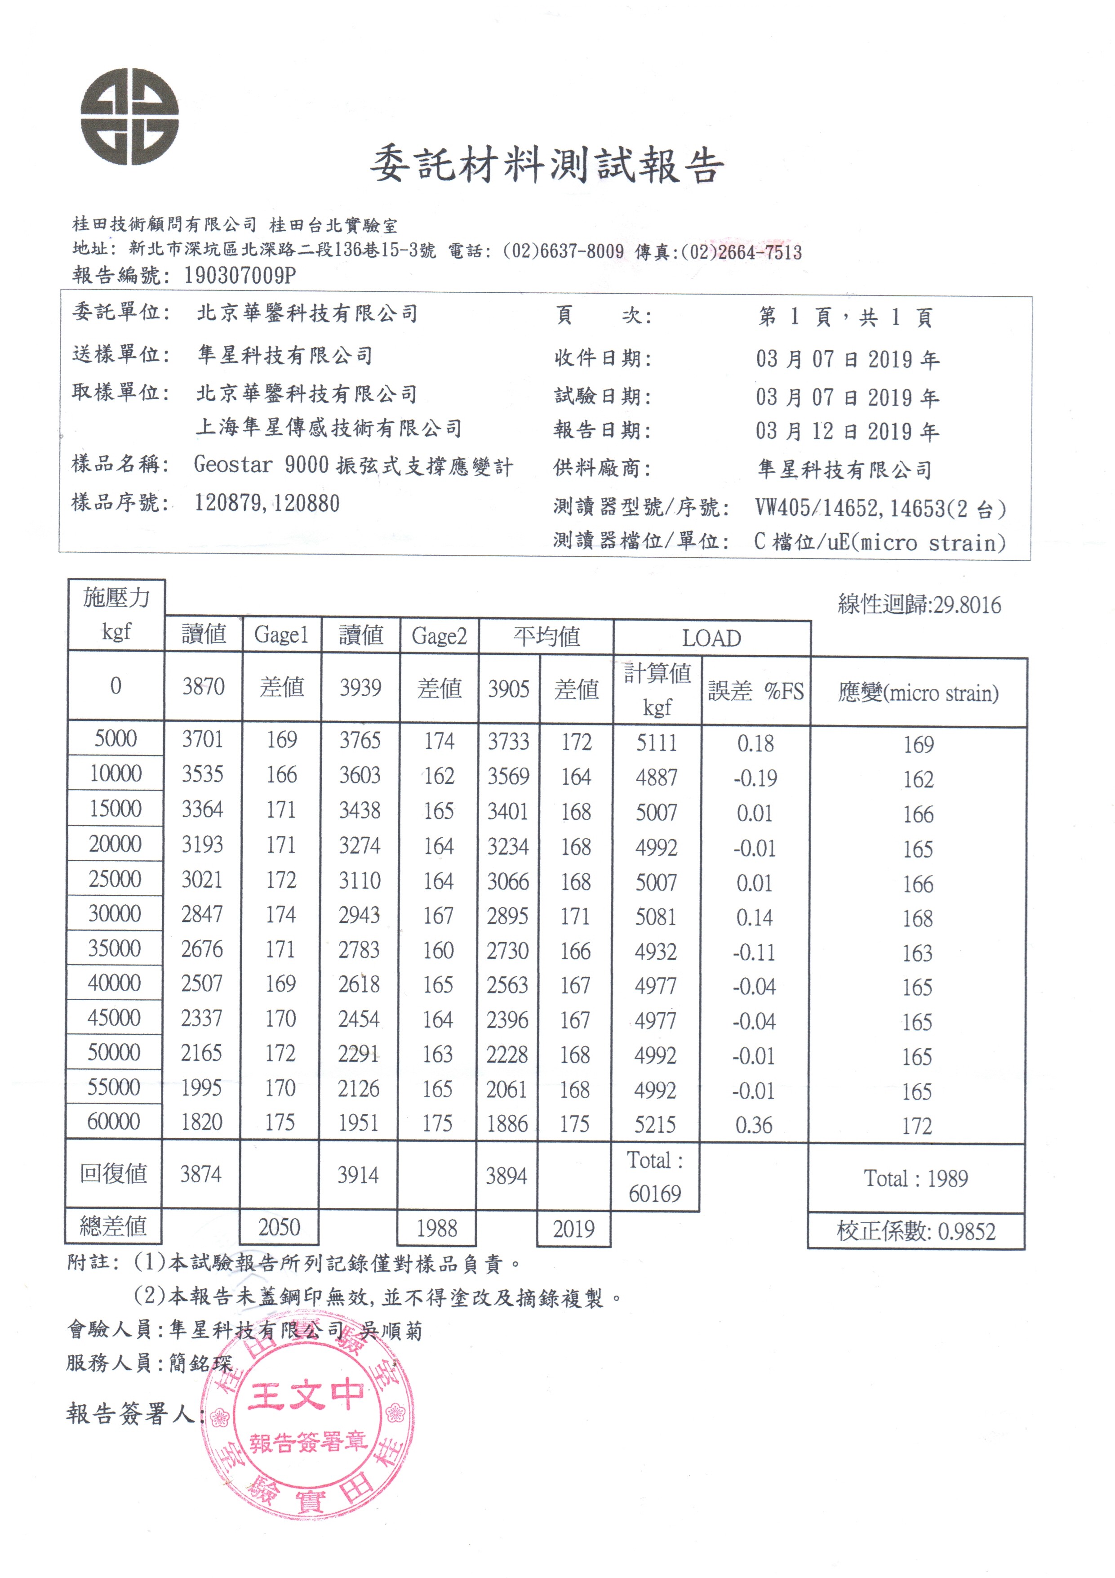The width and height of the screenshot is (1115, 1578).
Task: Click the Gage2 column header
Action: point(439,636)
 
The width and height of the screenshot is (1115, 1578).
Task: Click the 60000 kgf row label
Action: point(114,1122)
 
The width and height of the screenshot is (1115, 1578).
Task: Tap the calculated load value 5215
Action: point(655,1124)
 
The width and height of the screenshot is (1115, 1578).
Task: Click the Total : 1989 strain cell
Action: point(916,1179)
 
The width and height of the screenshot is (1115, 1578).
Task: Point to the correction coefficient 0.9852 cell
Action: point(916,1231)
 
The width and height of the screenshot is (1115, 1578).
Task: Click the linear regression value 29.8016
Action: point(919,605)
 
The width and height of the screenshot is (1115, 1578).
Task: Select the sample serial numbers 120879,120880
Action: point(267,503)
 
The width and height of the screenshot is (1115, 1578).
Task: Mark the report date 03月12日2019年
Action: point(847,432)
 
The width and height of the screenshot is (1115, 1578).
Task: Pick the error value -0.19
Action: point(755,778)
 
